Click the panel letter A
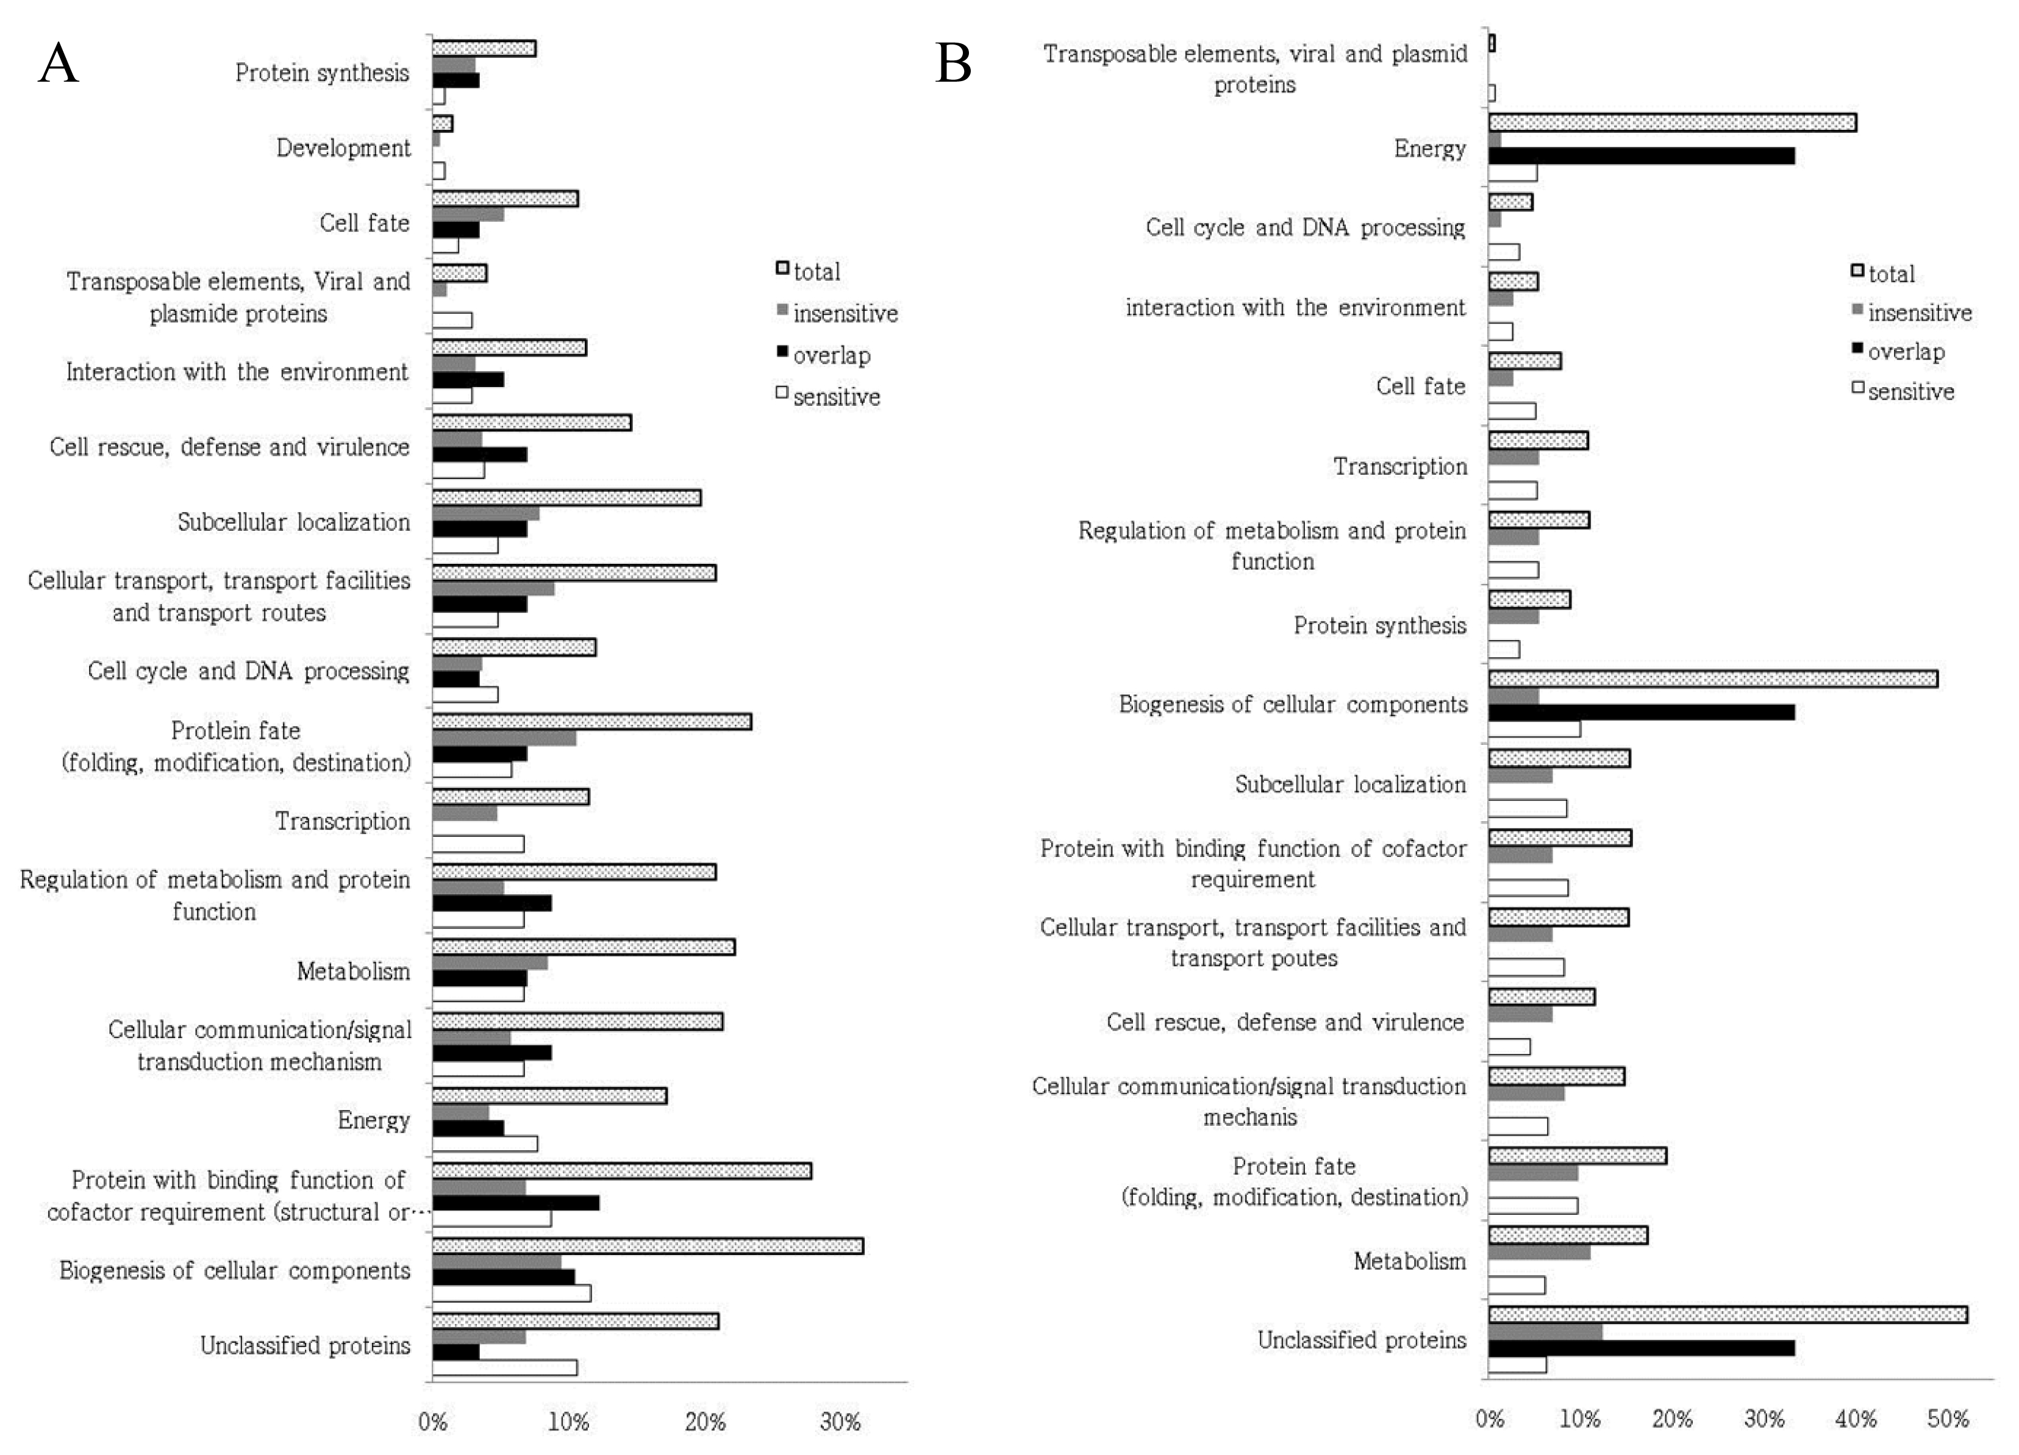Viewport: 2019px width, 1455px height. tap(59, 64)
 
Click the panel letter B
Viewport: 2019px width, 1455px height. tap(954, 64)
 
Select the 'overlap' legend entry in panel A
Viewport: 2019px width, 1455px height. tap(823, 355)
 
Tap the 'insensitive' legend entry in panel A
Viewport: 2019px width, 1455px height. tap(837, 313)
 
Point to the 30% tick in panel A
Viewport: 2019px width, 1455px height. tap(840, 1422)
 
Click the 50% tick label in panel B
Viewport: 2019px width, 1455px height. tap(1948, 1418)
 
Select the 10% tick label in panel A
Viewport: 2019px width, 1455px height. tap(568, 1422)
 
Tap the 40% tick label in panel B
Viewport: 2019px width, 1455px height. tap(1856, 1418)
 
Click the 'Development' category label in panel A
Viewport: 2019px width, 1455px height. tap(344, 148)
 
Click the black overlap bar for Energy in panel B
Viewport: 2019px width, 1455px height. tap(1642, 155)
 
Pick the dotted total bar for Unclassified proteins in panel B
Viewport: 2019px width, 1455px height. tap(1728, 1314)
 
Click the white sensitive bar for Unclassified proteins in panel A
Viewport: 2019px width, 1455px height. tap(505, 1367)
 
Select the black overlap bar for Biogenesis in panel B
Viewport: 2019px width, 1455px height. tap(1642, 712)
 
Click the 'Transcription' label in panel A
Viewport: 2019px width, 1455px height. tap(343, 820)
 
